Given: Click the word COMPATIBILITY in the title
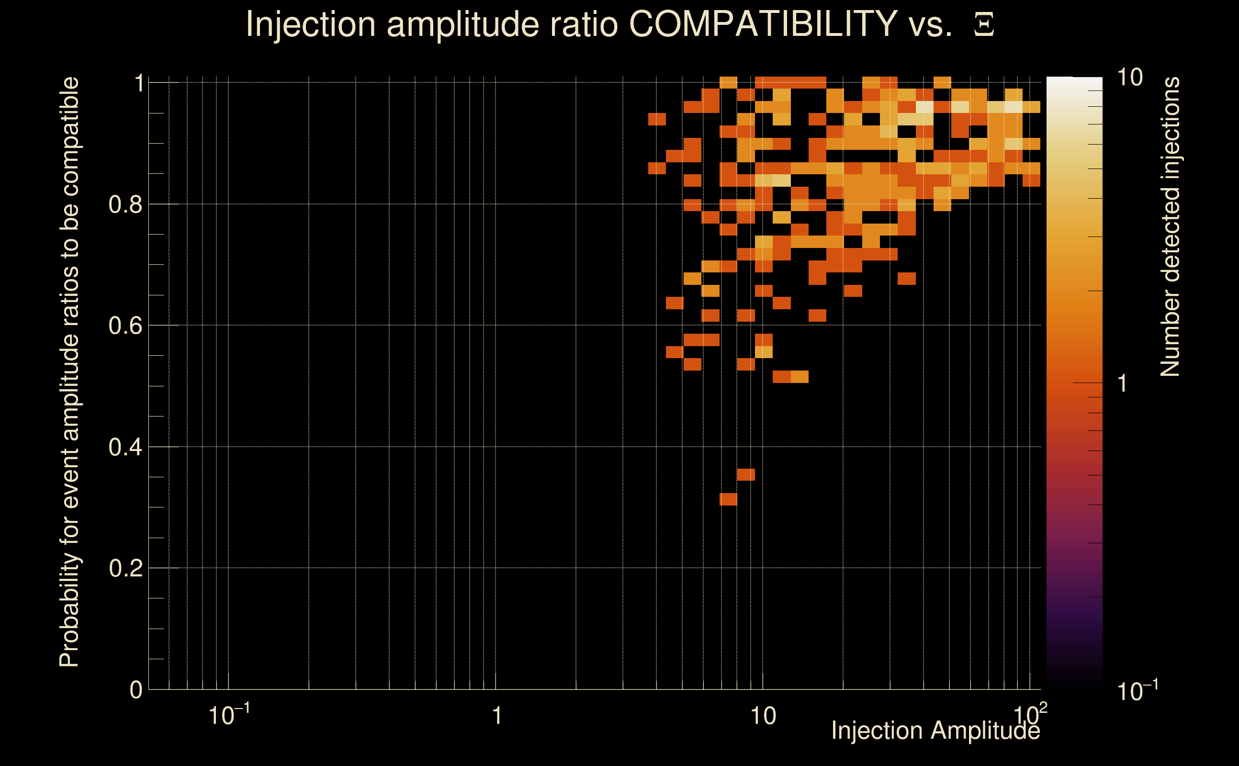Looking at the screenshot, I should (763, 24).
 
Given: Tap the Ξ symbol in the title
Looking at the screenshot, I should (984, 25).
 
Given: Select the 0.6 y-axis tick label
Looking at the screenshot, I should (125, 326).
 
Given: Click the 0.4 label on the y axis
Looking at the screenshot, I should (125, 447).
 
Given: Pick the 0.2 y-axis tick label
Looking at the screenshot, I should (125, 568).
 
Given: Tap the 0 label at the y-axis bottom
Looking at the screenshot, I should (136, 690).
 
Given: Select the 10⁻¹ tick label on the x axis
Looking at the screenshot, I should (228, 715).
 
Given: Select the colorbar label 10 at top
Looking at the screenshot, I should (1129, 78).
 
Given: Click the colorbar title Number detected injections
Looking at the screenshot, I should (1170, 226).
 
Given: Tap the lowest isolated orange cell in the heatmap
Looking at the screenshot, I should (728, 499).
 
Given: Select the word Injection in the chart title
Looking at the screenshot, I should (310, 24).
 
